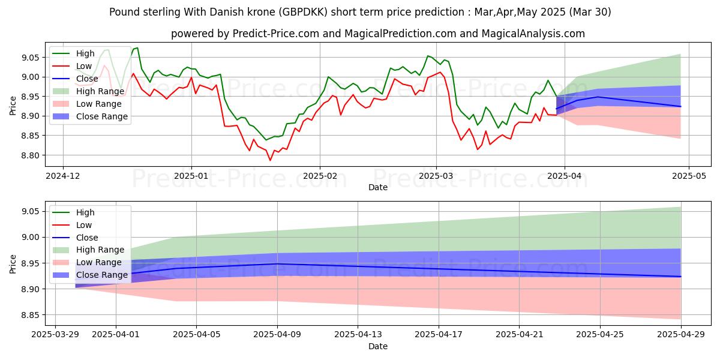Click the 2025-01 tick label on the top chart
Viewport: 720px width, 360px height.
coord(191,177)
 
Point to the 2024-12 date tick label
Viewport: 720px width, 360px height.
coord(62,177)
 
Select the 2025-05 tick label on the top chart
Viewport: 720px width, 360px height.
coord(688,177)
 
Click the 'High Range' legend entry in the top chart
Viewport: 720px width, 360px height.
coord(100,91)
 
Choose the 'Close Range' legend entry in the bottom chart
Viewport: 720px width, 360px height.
coord(102,275)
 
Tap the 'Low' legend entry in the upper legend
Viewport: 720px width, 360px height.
coord(85,66)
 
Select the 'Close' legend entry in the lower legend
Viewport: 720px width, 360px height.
coord(87,238)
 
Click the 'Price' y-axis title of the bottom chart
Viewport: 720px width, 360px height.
coord(13,263)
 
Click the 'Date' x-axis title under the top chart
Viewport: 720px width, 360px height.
coord(378,187)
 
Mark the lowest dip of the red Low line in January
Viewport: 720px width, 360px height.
coord(270,160)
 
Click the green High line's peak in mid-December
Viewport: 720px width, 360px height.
coord(137,48)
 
